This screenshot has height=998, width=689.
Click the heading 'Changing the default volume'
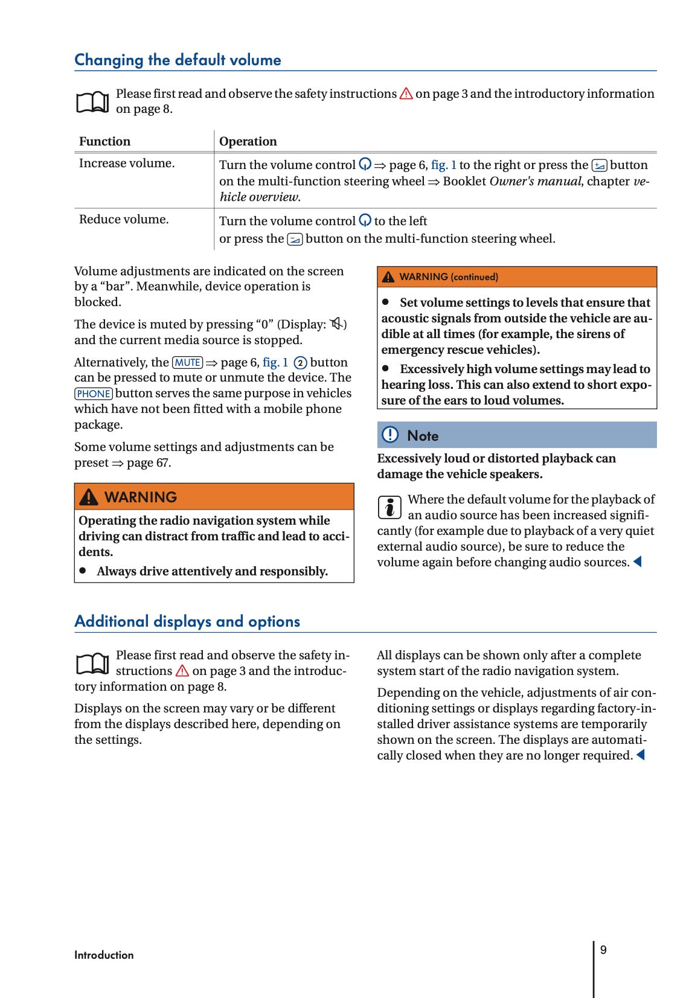pyautogui.click(x=178, y=60)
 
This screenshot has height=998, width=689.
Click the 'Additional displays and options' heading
pyautogui.click(x=187, y=621)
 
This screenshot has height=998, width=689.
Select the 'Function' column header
pyautogui.click(x=104, y=141)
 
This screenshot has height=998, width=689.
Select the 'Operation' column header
pyautogui.click(x=248, y=141)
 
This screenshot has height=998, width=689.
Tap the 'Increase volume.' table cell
pyautogui.click(x=127, y=163)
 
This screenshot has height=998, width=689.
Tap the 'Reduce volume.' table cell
pyautogui.click(x=124, y=219)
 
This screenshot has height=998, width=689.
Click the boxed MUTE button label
pyautogui.click(x=187, y=362)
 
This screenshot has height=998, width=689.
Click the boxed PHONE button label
pyautogui.click(x=94, y=394)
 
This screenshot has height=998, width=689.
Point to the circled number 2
pyautogui.click(x=300, y=363)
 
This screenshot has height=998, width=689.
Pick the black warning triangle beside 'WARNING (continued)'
pyautogui.click(x=388, y=277)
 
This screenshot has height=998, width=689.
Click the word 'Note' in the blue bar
pyautogui.click(x=423, y=436)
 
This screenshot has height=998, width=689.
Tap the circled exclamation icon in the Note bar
pyautogui.click(x=391, y=435)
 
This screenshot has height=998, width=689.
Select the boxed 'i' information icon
pyautogui.click(x=389, y=507)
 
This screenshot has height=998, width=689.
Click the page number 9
pyautogui.click(x=603, y=950)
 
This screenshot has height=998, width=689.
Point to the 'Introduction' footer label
pyautogui.click(x=104, y=955)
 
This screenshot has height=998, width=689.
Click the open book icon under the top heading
pyautogui.click(x=92, y=102)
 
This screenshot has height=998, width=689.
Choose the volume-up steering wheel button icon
pyautogui.click(x=599, y=165)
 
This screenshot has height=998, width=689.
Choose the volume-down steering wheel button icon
pyautogui.click(x=295, y=239)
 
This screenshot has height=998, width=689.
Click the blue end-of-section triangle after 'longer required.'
pyautogui.click(x=641, y=755)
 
